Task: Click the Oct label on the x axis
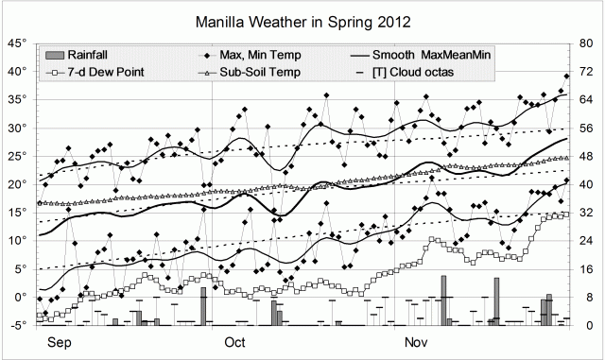tap(234, 343)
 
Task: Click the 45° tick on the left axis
tap(18, 43)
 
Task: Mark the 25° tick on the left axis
tap(18, 156)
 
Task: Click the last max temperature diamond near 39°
tap(567, 77)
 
